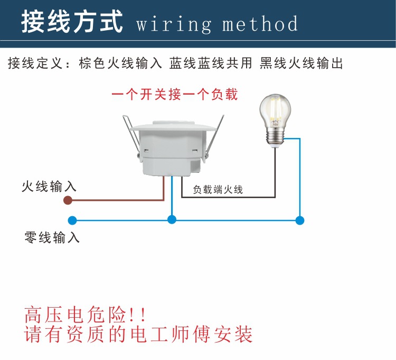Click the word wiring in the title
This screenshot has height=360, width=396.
click(174, 24)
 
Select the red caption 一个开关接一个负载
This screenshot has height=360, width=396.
click(175, 95)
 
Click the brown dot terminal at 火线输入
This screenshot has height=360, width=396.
click(68, 200)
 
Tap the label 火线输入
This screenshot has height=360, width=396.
click(49, 186)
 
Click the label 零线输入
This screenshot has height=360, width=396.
click(52, 237)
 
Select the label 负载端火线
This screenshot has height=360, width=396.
click(218, 189)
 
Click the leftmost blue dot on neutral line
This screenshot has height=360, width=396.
click(72, 219)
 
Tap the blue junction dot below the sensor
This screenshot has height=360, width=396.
click(171, 219)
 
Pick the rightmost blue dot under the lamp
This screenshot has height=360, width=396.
click(300, 219)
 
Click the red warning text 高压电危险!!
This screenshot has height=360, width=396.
click(85, 315)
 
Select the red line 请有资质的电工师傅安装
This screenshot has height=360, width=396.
click(139, 334)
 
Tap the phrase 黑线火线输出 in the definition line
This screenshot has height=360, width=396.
click(301, 64)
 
